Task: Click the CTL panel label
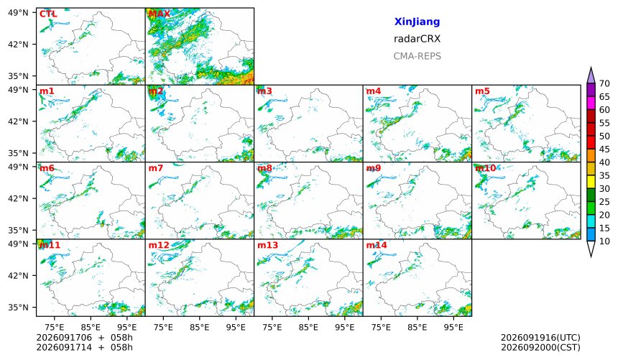tap(48, 14)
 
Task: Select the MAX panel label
tap(160, 14)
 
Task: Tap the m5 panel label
tap(482, 91)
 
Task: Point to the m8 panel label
tap(264, 168)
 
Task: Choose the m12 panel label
tap(159, 245)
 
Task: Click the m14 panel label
tap(377, 245)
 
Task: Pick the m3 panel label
tap(264, 91)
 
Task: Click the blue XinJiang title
tap(417, 22)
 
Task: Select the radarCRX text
tap(417, 39)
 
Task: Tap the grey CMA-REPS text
tap(417, 56)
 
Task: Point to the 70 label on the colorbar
tap(604, 83)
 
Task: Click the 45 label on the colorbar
tap(604, 149)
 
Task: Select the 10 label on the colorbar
tap(604, 241)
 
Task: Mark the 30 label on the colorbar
tap(604, 188)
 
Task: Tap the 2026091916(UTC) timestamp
tap(540, 338)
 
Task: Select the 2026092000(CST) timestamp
tap(540, 348)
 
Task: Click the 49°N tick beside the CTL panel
tap(18, 13)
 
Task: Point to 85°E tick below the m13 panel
tap(308, 327)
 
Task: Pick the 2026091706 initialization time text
tap(64, 338)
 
